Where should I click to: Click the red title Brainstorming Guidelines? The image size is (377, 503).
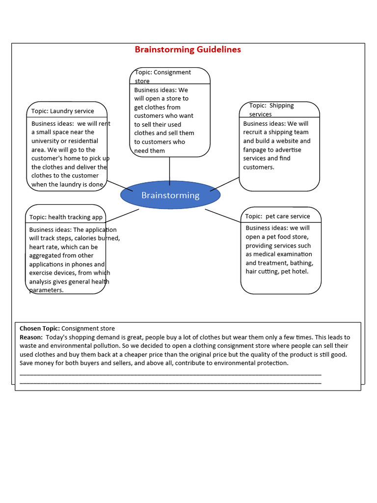188,50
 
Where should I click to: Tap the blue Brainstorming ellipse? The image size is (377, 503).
170,195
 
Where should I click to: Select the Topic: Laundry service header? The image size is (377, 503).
62,111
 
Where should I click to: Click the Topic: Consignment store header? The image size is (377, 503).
163,76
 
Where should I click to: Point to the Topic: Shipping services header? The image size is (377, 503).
271,110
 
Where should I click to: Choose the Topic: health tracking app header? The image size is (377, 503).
66,217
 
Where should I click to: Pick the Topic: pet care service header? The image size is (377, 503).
277,216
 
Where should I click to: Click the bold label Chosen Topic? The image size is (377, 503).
40,328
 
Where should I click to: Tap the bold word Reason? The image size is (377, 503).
31,337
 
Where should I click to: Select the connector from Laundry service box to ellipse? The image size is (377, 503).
120,186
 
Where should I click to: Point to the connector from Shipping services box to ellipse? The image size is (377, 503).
224,184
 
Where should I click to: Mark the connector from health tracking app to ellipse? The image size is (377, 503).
122,215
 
